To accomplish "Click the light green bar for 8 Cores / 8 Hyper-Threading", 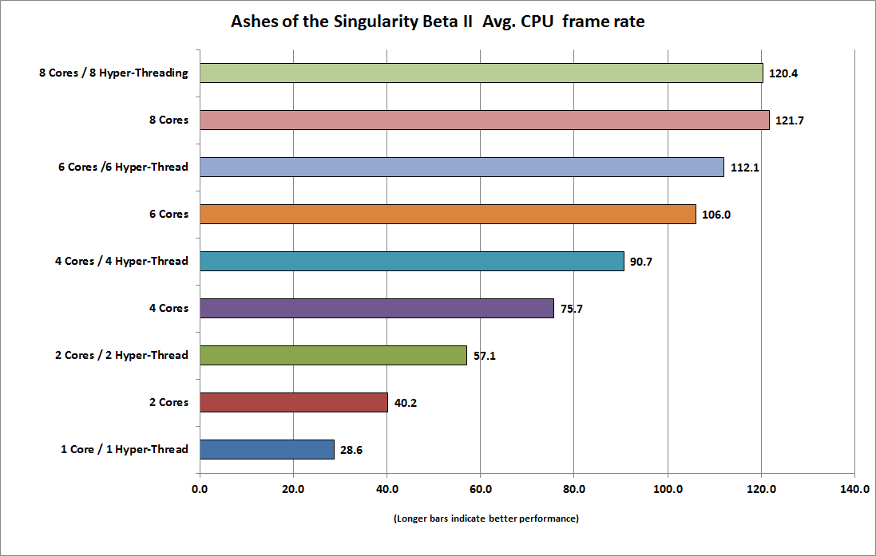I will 481,73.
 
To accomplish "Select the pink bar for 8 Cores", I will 484,120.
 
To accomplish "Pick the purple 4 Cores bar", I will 376,308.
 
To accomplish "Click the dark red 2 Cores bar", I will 293,402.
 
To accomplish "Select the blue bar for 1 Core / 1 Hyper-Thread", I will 267,449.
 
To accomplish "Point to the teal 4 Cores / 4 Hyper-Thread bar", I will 411,261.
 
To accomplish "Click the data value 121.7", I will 789,120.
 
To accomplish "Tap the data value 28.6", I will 354,450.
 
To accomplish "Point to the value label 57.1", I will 485,356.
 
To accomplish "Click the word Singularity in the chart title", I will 376,22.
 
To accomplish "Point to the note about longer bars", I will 486,519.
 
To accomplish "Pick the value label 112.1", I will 743,168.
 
